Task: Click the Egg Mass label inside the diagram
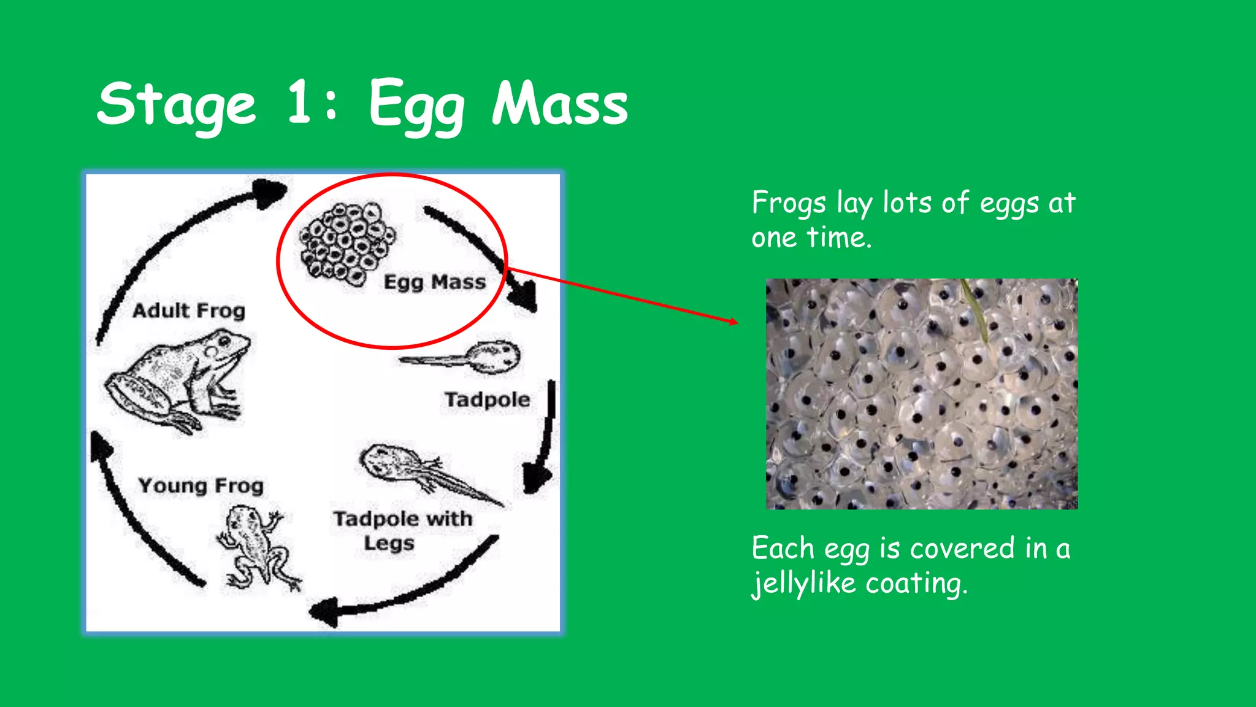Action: pyautogui.click(x=434, y=282)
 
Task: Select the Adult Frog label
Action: pyautogui.click(x=189, y=311)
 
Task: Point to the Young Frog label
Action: pyautogui.click(x=201, y=486)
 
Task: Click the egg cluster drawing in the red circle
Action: pyautogui.click(x=347, y=243)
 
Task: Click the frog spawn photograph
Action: pyautogui.click(x=921, y=394)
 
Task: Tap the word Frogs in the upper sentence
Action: pyautogui.click(x=789, y=204)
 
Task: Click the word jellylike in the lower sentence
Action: pyautogui.click(x=803, y=583)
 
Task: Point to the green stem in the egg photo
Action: pyautogui.click(x=975, y=310)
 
